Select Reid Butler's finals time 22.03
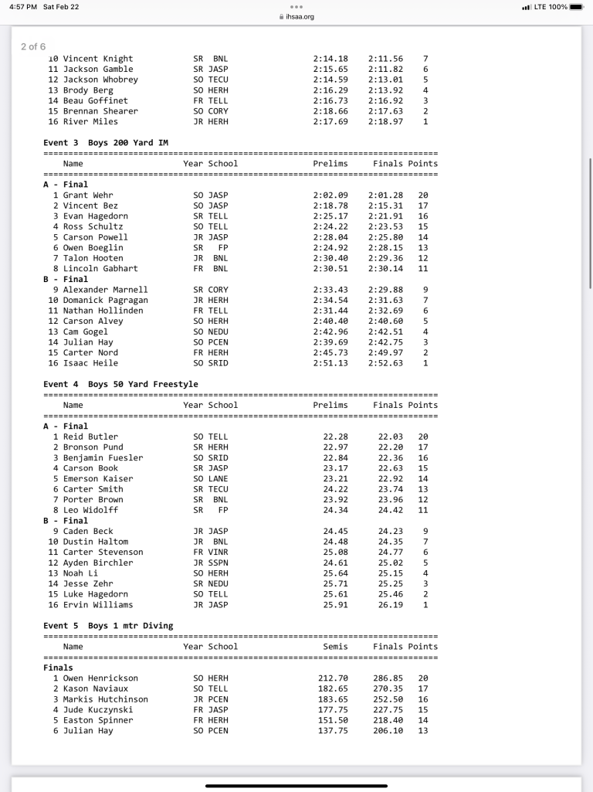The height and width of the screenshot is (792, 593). pos(391,437)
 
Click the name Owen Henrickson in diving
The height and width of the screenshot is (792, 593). pos(100,678)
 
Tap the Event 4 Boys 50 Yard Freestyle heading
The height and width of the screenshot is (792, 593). pos(120,385)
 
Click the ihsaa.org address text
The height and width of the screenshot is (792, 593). pos(300,16)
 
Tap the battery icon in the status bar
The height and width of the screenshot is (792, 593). pos(579,7)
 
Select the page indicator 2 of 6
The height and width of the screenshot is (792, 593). pos(33,46)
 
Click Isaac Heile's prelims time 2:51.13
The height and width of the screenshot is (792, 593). pos(330,363)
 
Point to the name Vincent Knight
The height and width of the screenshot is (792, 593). pos(97,59)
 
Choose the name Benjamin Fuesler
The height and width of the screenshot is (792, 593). pos(103,457)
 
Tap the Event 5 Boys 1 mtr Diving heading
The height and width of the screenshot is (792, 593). pos(108,626)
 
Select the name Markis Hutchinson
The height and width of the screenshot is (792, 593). pos(105,699)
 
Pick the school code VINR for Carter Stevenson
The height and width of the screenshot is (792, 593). pos(219,552)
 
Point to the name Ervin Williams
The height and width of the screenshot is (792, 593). pos(97,605)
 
